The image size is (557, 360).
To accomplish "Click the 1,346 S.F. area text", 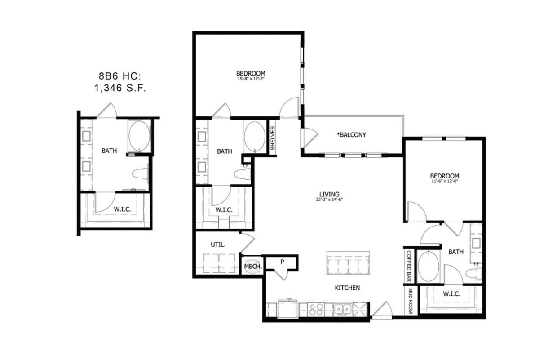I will [120, 89].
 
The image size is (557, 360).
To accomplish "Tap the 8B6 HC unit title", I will [120, 76].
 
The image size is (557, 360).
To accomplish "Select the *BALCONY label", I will [352, 135].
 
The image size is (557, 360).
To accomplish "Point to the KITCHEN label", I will [347, 288].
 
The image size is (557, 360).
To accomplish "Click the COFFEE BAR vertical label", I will [409, 266].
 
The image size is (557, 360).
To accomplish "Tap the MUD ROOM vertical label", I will [410, 301].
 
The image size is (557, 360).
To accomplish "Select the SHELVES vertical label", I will [273, 138].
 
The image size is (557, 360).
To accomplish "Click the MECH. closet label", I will [252, 267].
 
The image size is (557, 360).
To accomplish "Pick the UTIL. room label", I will [218, 245].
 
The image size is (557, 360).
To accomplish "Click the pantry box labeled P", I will [283, 262].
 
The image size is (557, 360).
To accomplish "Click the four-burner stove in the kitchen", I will [316, 310].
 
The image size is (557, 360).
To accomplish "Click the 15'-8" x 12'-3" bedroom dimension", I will [251, 80].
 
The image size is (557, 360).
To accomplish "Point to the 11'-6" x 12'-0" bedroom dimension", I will [445, 182].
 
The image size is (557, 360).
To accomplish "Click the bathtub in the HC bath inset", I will [139, 135].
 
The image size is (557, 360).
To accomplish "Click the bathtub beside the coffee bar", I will [429, 266].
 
